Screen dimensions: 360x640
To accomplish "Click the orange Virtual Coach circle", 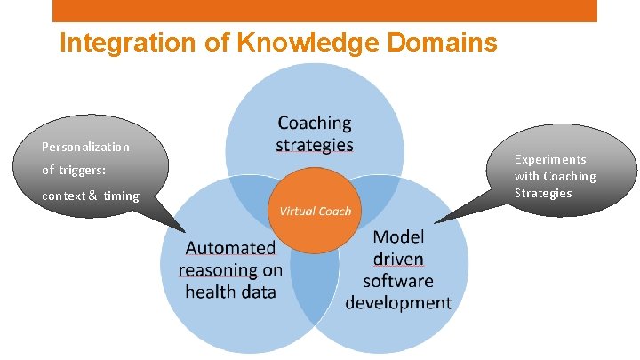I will (x=315, y=212).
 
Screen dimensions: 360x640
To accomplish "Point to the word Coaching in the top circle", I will (x=314, y=123).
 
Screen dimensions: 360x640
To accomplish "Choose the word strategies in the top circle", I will (x=314, y=145).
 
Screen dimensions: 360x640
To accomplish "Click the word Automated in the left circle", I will (x=230, y=249).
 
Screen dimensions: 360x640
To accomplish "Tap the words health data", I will (x=230, y=292).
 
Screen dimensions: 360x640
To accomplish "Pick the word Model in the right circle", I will (x=398, y=237).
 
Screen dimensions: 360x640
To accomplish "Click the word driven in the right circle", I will (x=398, y=260).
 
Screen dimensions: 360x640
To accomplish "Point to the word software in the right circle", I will (x=398, y=281).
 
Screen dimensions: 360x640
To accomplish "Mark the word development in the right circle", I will (x=398, y=303).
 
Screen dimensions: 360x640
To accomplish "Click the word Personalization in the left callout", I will (x=85, y=147).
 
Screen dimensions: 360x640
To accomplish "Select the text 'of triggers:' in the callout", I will (x=74, y=170).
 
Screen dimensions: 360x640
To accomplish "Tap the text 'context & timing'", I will (x=91, y=196).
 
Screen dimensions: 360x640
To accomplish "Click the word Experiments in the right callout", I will (x=550, y=159).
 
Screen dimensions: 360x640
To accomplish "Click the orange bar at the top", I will (x=324, y=10).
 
